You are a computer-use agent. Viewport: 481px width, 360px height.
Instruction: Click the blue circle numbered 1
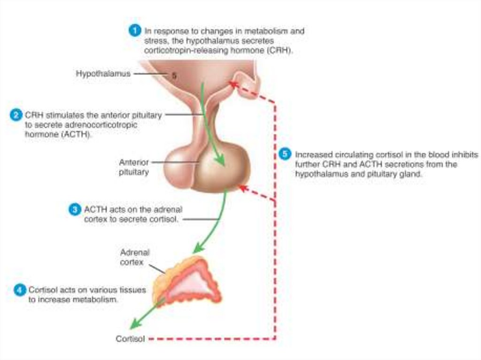135,31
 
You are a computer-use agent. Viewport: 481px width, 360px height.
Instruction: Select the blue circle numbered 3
75,210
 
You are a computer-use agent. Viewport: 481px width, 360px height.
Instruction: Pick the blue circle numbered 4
19,290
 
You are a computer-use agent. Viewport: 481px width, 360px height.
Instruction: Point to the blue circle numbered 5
284,154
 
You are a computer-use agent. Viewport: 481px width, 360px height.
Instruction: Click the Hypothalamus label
103,74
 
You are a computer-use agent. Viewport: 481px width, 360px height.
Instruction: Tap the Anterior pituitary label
134,167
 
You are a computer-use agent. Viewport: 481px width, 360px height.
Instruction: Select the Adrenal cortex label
134,257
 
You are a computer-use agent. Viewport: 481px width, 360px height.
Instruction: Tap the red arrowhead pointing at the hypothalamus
232,84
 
